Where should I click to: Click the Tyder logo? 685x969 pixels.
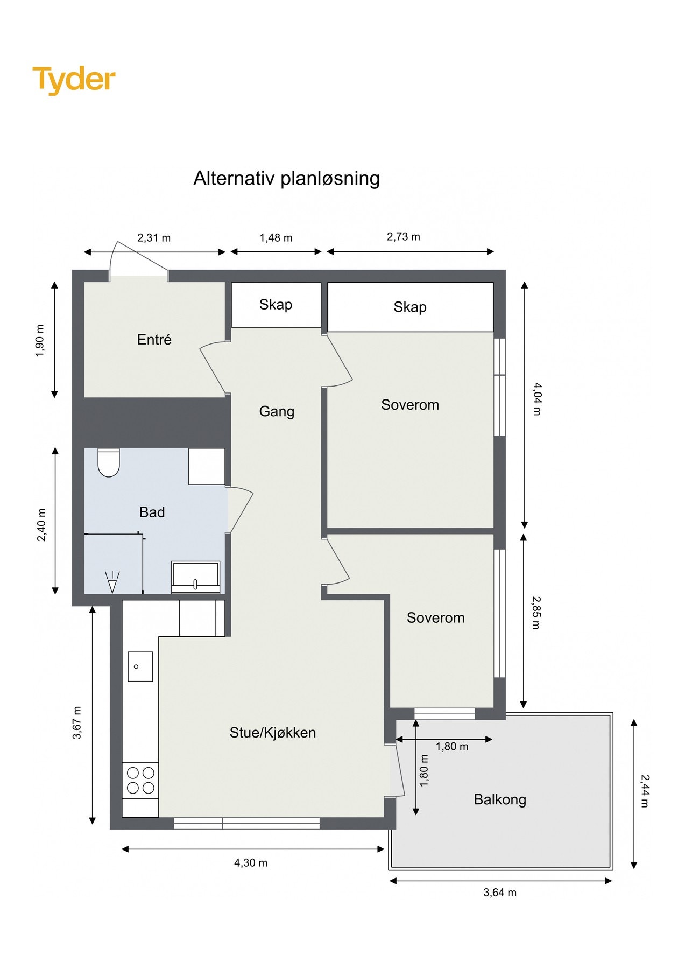[x=74, y=80]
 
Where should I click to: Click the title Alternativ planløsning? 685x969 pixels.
[x=286, y=178]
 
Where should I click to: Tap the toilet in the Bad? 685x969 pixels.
[x=108, y=462]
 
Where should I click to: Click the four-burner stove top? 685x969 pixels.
[x=140, y=781]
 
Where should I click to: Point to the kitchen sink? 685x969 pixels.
[x=140, y=666]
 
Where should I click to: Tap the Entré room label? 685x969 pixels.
[x=154, y=340]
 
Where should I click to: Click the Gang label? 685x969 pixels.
[x=277, y=411]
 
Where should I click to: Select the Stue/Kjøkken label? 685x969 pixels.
[x=272, y=733]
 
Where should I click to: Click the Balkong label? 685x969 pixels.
[x=500, y=799]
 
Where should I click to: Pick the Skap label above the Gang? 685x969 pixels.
[x=276, y=305]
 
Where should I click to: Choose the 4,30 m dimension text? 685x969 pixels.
[x=250, y=863]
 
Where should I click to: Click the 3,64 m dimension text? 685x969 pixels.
[x=499, y=893]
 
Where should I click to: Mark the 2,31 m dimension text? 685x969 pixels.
[x=154, y=238]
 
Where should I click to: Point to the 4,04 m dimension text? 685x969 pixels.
[x=537, y=399]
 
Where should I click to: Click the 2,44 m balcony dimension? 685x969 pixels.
[x=645, y=791]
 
